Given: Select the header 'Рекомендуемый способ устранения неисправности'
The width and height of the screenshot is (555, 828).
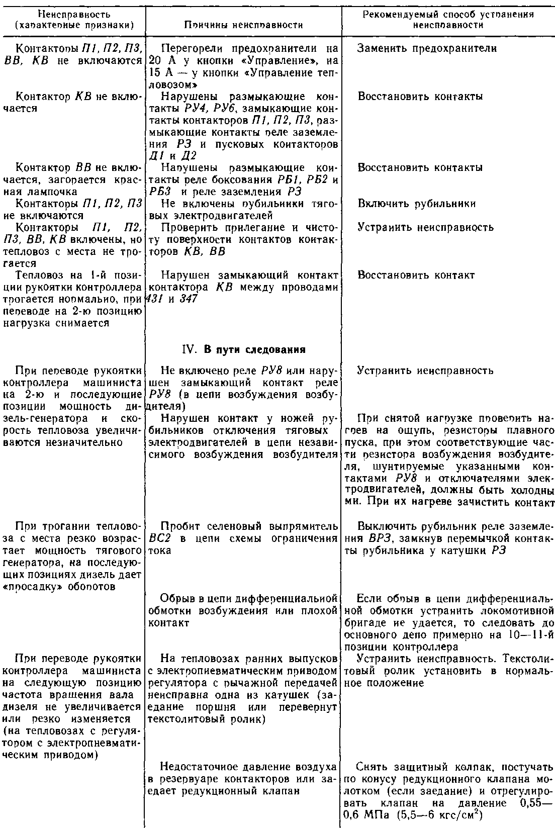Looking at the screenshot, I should [448, 20].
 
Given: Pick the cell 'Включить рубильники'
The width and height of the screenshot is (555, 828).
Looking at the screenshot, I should [417, 204].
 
